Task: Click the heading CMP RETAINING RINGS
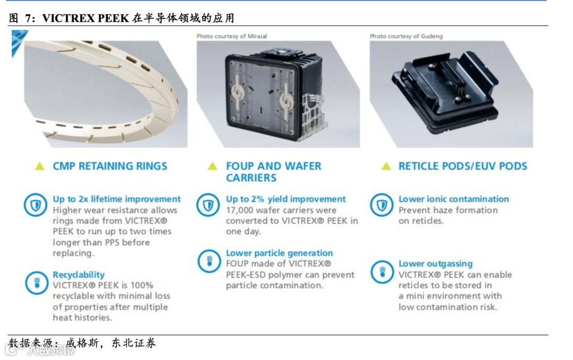tap(110, 166)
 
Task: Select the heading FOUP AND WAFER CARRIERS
tap(273, 172)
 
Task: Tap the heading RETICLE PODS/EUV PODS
tap(463, 166)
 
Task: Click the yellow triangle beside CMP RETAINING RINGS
tap(39, 166)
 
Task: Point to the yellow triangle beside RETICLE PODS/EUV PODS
tap(386, 166)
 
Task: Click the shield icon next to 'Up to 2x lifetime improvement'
tap(36, 205)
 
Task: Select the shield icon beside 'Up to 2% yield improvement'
tap(208, 205)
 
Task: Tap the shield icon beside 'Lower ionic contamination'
tap(381, 205)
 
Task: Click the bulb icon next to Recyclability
tap(37, 283)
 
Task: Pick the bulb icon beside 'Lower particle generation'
tap(209, 261)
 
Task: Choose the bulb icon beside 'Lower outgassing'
tap(382, 272)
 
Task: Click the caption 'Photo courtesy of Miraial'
tap(232, 36)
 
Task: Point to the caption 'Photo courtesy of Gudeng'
tap(406, 36)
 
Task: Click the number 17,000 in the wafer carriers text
tap(239, 210)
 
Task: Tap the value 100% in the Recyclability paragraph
tap(142, 285)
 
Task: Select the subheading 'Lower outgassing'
tap(436, 264)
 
